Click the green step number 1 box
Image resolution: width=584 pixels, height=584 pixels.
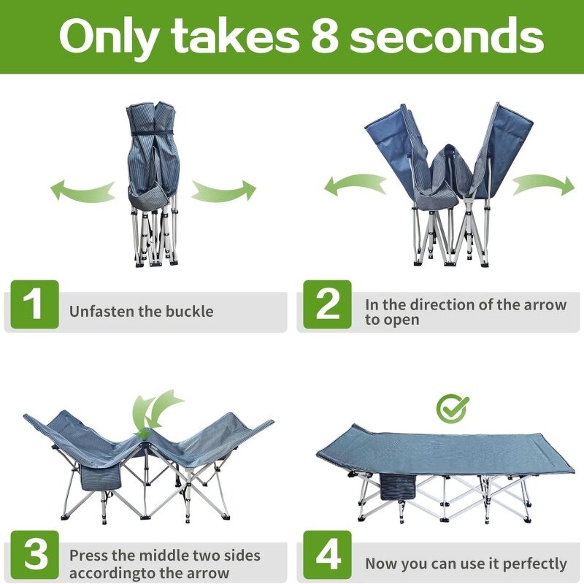click(x=34, y=304)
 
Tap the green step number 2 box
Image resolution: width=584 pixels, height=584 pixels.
click(x=327, y=304)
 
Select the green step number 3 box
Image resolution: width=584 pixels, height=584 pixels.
click(x=34, y=555)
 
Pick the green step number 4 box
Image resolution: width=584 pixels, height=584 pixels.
click(x=327, y=555)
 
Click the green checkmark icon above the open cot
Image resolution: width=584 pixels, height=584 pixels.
click(x=452, y=408)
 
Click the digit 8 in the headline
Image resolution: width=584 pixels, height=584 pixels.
click(x=325, y=36)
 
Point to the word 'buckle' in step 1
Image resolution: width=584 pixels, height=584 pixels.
click(x=190, y=312)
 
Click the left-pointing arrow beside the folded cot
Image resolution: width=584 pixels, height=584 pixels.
click(x=82, y=190)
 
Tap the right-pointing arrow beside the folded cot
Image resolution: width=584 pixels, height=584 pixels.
click(x=224, y=191)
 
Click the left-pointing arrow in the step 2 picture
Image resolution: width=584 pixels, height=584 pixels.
click(x=355, y=185)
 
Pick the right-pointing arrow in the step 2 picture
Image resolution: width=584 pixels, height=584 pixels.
click(x=544, y=185)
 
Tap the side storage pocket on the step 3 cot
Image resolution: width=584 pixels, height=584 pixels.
click(x=101, y=478)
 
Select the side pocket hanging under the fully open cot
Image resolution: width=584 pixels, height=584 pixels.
click(x=398, y=485)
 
